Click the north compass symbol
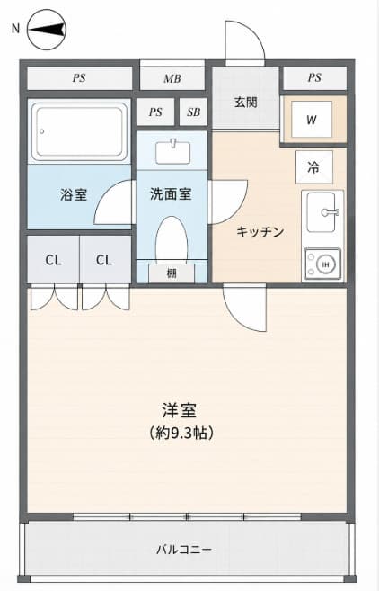click(47, 31)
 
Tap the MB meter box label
click(172, 79)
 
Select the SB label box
click(193, 112)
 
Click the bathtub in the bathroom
click(79, 131)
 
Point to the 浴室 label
click(74, 194)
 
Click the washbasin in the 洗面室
click(173, 152)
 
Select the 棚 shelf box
click(172, 273)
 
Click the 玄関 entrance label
click(246, 102)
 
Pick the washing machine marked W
click(312, 120)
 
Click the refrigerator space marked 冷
click(314, 167)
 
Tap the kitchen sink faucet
click(331, 212)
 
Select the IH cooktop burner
click(325, 264)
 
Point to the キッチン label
click(260, 232)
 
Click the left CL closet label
click(53, 260)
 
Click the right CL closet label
click(104, 260)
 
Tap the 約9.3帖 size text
click(181, 433)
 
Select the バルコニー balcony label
click(184, 549)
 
